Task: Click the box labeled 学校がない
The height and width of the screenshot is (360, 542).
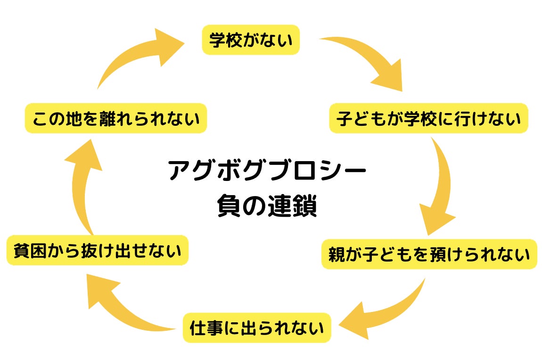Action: tap(251, 40)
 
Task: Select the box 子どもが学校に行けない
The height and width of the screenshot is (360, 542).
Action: tap(428, 118)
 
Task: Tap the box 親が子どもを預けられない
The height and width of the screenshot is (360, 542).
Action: tap(429, 254)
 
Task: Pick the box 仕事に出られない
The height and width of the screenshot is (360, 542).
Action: tap(257, 327)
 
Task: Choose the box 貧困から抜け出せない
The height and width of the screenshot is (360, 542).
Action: tap(98, 250)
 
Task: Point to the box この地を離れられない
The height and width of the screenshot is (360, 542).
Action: tap(116, 118)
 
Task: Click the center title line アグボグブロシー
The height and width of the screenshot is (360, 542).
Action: tap(267, 171)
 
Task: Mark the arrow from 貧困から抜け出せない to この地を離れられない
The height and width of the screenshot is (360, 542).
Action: tap(85, 188)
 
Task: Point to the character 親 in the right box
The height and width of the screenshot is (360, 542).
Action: tap(339, 254)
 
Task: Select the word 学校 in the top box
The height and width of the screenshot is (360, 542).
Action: tap(223, 40)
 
